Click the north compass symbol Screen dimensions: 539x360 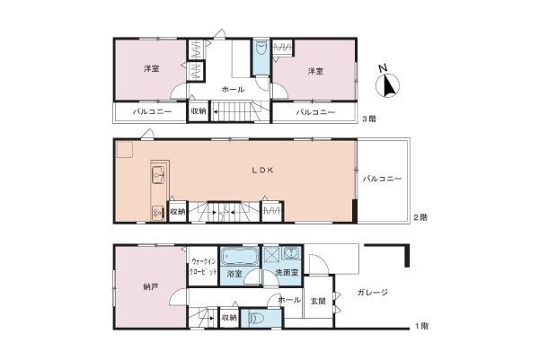[x=387, y=84]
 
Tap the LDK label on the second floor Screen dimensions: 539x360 [x=262, y=170]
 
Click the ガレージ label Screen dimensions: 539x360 [x=372, y=293]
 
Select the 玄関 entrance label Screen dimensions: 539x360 [x=318, y=302]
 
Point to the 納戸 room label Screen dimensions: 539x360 [x=151, y=286]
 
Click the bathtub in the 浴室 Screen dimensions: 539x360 [x=239, y=257]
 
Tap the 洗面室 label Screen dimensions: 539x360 [x=287, y=273]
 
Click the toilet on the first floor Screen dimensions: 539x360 [x=256, y=319]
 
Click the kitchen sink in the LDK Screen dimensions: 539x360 [x=159, y=175]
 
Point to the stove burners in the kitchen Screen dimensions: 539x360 [x=158, y=213]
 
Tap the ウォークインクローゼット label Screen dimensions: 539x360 [x=204, y=267]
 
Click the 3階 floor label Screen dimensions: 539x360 [x=369, y=119]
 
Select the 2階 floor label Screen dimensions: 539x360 [x=420, y=217]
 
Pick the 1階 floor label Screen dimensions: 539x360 [x=421, y=326]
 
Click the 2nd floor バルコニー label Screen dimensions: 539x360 [x=382, y=179]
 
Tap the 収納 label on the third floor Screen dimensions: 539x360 [x=199, y=111]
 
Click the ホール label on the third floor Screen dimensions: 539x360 [x=233, y=90]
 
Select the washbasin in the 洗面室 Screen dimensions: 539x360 [x=292, y=253]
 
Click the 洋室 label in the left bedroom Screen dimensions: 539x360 [x=152, y=69]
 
